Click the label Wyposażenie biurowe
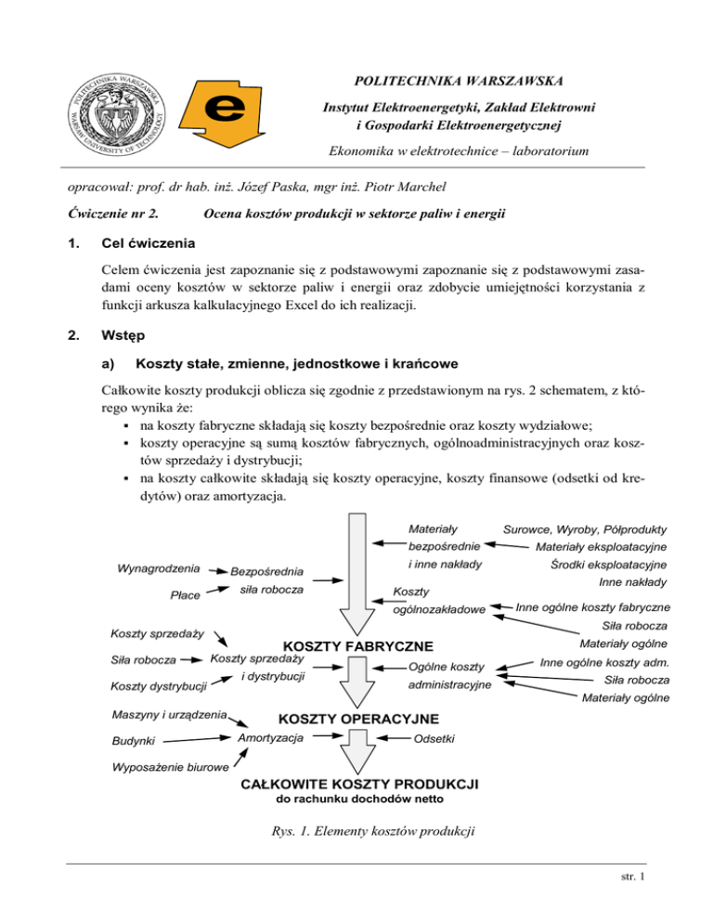coord(170,767)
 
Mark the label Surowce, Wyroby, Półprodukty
coord(585,529)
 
